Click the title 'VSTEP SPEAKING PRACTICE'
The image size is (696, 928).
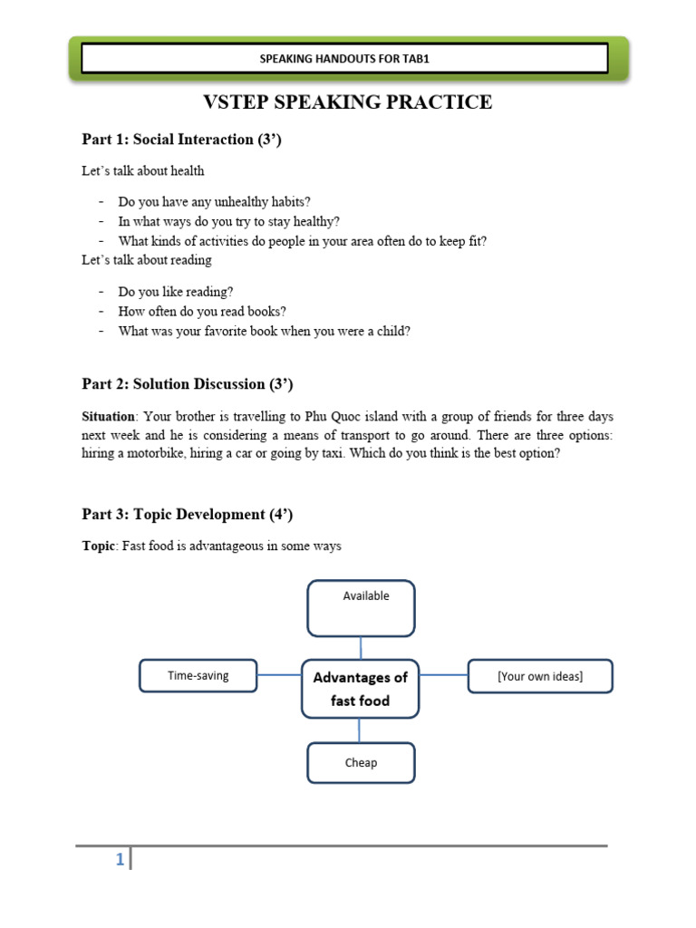[x=347, y=102]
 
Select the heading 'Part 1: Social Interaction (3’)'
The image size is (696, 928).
[x=181, y=139]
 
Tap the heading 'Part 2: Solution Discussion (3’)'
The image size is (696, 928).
[x=188, y=383]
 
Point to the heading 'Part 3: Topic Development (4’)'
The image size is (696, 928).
[x=188, y=514]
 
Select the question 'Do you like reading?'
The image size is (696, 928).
[x=175, y=291]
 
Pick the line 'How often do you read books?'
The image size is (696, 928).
[x=202, y=311]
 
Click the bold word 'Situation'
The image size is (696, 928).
[x=107, y=417]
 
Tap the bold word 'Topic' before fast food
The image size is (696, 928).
[x=97, y=546]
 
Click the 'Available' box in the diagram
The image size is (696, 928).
[x=361, y=608]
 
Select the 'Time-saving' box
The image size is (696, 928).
[x=198, y=675]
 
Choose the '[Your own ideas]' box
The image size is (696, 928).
[x=539, y=676]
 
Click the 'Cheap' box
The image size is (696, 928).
[x=361, y=762]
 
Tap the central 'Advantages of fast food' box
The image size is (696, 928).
[x=360, y=689]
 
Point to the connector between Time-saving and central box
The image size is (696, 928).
[x=279, y=675]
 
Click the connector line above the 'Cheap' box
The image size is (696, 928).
[x=361, y=730]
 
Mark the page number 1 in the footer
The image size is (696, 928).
[x=120, y=860]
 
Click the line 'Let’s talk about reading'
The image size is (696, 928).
[x=147, y=260]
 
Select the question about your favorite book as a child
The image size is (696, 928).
[x=264, y=331]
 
